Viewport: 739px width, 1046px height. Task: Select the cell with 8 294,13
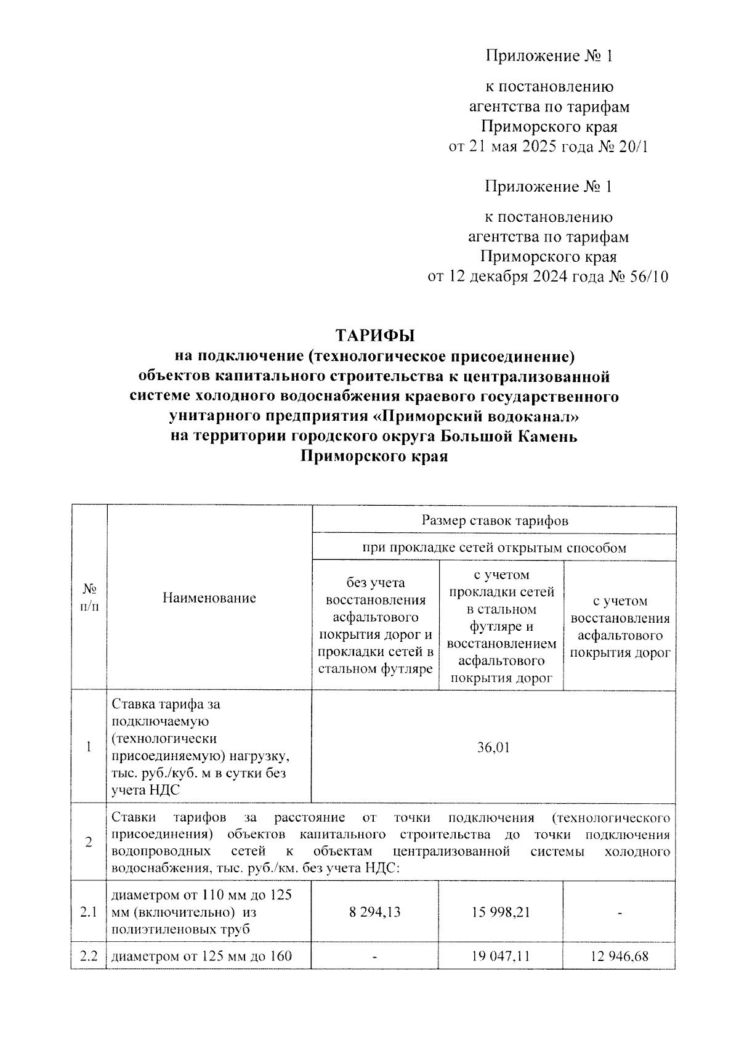pos(374,912)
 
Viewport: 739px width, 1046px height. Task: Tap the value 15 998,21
pos(500,912)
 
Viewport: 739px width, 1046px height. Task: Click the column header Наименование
pos(209,597)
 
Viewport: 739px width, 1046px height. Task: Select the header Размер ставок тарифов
pos(495,521)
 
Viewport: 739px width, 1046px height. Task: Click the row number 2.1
pos(89,912)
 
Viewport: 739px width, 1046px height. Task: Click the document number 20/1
pos(632,147)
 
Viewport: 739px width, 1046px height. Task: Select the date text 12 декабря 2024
pos(506,277)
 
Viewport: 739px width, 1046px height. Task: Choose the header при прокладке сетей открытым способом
pos(494,548)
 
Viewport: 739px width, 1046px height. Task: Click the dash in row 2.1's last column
pos(620,912)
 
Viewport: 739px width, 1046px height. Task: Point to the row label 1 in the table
pos(89,747)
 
